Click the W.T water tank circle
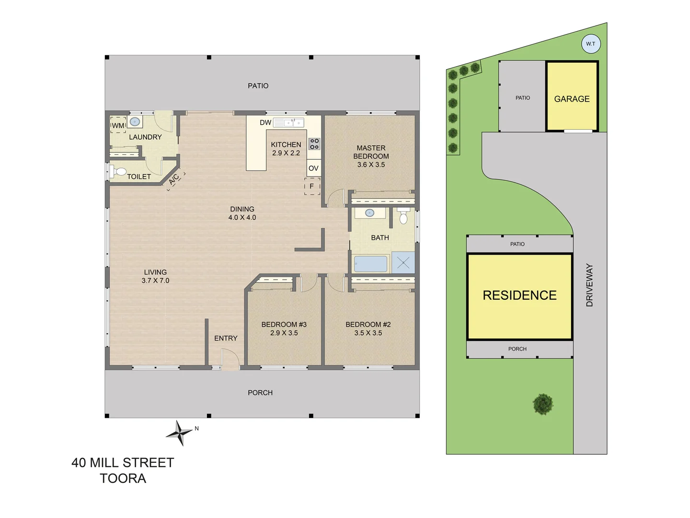click(590, 44)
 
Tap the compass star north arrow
click(180, 433)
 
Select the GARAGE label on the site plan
click(572, 99)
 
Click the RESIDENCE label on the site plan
click(519, 295)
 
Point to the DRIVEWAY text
click(589, 285)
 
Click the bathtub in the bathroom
click(370, 264)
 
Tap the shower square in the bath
click(403, 263)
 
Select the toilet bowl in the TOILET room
click(119, 171)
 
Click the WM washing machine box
click(118, 125)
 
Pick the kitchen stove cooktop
click(314, 143)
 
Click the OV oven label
click(313, 168)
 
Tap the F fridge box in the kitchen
click(312, 186)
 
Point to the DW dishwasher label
click(265, 122)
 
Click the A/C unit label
click(174, 179)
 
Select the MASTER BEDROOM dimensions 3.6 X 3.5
click(371, 165)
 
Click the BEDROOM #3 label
click(284, 324)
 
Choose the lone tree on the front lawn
click(543, 404)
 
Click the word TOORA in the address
click(123, 478)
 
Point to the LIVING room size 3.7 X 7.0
click(155, 281)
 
